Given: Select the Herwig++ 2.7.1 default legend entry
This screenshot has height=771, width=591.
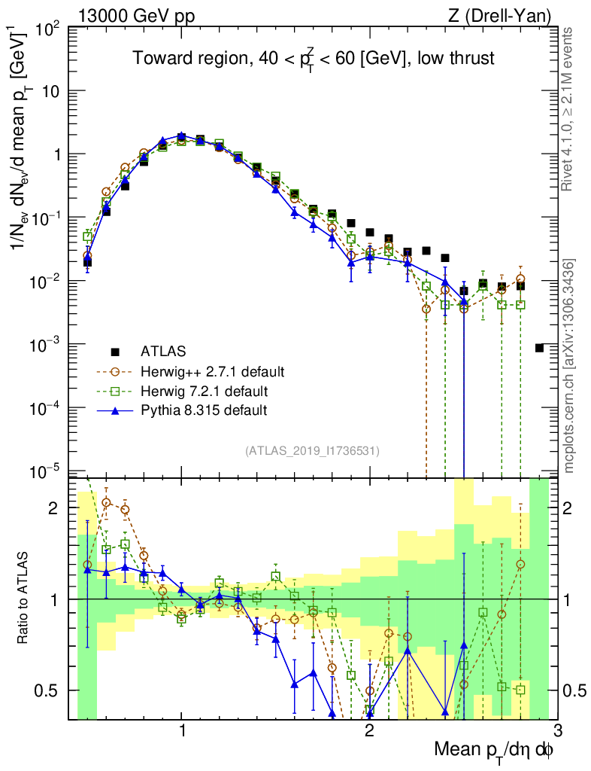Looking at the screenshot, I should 212,371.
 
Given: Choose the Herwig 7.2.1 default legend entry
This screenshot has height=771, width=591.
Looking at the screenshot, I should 204,391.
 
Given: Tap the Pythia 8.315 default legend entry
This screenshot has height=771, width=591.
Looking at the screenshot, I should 204,410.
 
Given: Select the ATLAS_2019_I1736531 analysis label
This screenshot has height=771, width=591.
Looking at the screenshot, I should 312,451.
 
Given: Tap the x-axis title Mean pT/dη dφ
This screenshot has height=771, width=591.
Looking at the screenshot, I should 496,750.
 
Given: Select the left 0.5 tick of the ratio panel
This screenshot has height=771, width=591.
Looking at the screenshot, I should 53,690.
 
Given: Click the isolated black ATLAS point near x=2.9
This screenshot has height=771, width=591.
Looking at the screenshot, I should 539,348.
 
